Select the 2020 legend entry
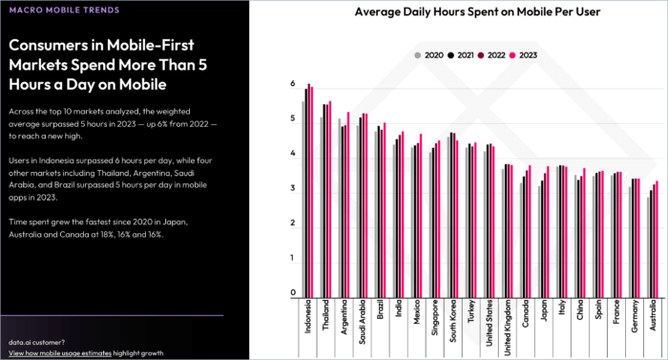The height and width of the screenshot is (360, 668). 428,54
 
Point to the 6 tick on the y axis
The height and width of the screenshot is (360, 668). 293,84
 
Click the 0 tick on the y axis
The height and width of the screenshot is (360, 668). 293,294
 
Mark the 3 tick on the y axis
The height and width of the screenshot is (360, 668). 293,189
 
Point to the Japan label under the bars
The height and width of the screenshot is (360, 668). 544,311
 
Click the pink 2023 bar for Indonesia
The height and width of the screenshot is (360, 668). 312,191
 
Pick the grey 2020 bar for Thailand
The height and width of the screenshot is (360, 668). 321,206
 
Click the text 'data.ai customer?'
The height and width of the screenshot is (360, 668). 37,341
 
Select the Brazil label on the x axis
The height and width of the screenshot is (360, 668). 381,312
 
